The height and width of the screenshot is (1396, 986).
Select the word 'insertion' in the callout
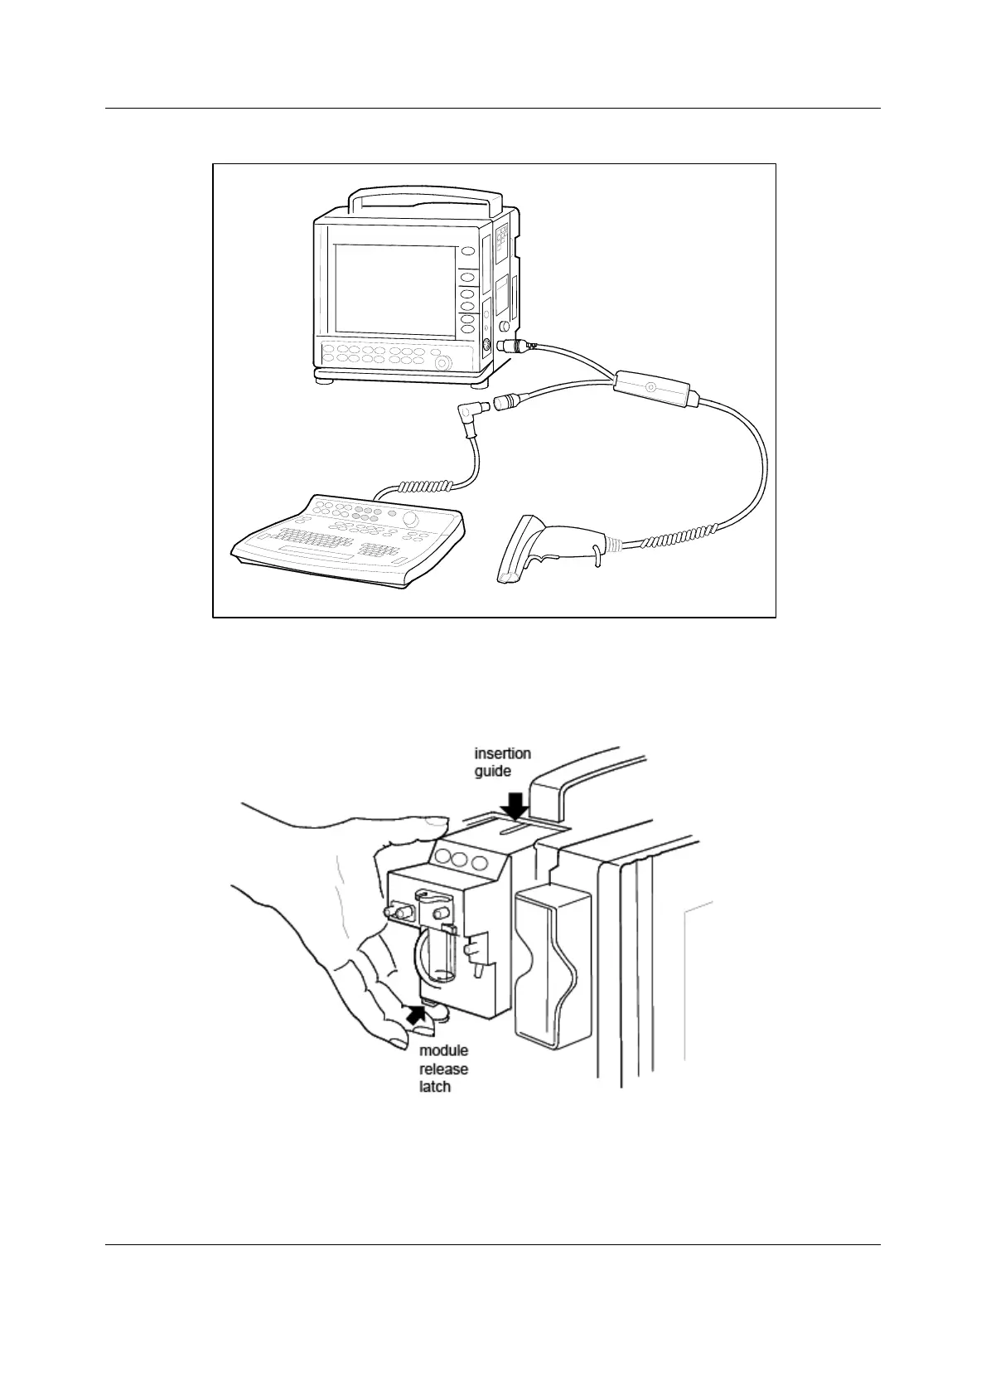pos(502,754)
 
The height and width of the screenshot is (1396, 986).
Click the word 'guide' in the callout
pos(492,772)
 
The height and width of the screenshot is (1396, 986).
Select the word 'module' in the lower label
pos(443,1051)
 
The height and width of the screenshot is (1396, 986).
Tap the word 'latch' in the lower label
pos(435,1086)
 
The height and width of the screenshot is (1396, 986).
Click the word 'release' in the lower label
pos(443,1069)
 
